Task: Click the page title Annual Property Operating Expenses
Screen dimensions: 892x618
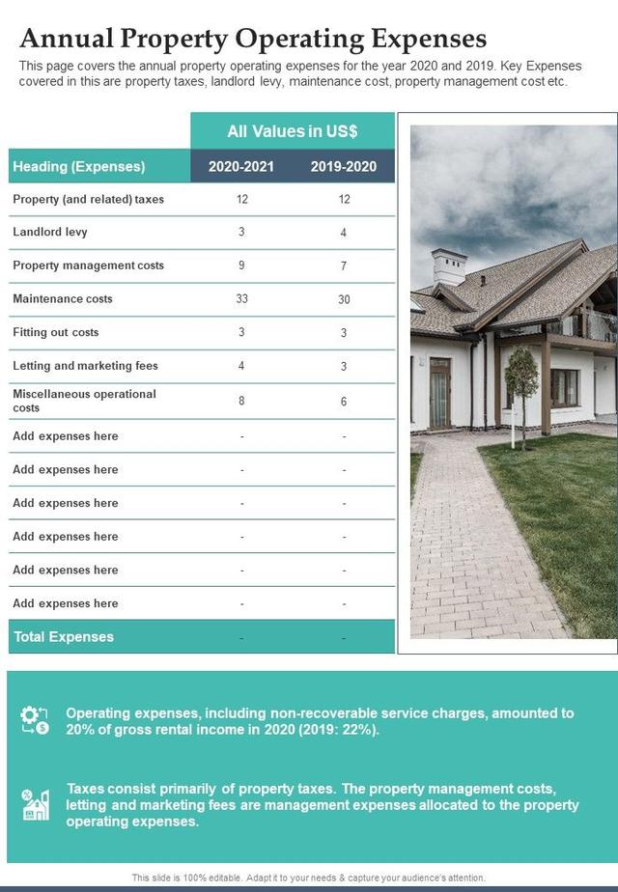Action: [253, 38]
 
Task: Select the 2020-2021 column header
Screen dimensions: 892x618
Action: [241, 166]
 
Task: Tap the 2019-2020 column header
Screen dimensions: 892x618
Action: [344, 166]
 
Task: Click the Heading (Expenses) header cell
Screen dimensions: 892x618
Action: [79, 166]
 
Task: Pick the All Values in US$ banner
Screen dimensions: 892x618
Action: [293, 131]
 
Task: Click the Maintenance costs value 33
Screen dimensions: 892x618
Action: [241, 298]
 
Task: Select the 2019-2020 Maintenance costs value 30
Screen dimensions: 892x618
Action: [344, 299]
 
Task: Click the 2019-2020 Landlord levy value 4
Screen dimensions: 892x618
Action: [344, 233]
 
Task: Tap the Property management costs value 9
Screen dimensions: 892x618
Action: [241, 265]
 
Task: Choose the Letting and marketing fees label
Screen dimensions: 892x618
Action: [85, 366]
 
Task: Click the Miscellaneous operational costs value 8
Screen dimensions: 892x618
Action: [241, 400]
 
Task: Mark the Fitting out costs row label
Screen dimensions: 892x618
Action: [56, 332]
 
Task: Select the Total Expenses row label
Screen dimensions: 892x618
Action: [64, 636]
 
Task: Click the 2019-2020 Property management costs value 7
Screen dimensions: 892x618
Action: [344, 265]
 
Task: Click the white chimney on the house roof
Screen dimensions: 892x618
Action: [449, 267]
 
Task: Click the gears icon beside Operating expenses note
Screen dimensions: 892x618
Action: [35, 720]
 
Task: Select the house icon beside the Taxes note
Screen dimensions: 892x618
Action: [35, 804]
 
